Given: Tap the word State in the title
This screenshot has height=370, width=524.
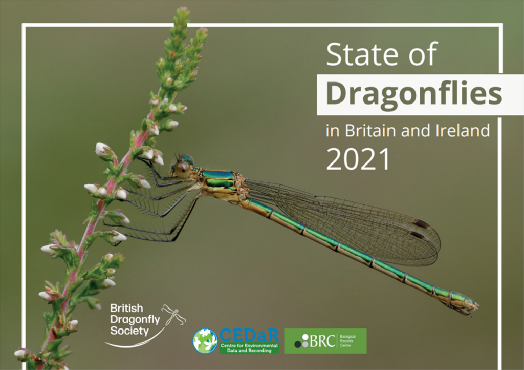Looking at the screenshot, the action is point(363,54).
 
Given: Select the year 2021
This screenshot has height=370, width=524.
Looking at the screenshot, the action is point(358,159).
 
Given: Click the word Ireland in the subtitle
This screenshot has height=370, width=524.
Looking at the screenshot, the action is point(463,131).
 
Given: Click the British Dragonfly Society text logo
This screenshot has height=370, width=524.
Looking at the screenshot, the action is point(135,319).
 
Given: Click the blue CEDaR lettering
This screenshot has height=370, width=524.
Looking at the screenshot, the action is point(249,335).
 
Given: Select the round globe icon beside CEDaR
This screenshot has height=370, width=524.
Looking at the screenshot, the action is point(205,341).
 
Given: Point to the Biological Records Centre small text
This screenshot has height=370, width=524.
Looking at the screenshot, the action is point(347,341).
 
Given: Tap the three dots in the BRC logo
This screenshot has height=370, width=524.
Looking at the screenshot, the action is point(302,341).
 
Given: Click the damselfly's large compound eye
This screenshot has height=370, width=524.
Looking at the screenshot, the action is point(183,169).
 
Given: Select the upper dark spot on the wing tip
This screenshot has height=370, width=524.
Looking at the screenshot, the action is point(421,224).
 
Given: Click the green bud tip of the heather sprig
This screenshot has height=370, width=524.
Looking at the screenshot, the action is point(183,12).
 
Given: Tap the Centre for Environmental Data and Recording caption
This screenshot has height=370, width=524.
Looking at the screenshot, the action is point(249,348).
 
